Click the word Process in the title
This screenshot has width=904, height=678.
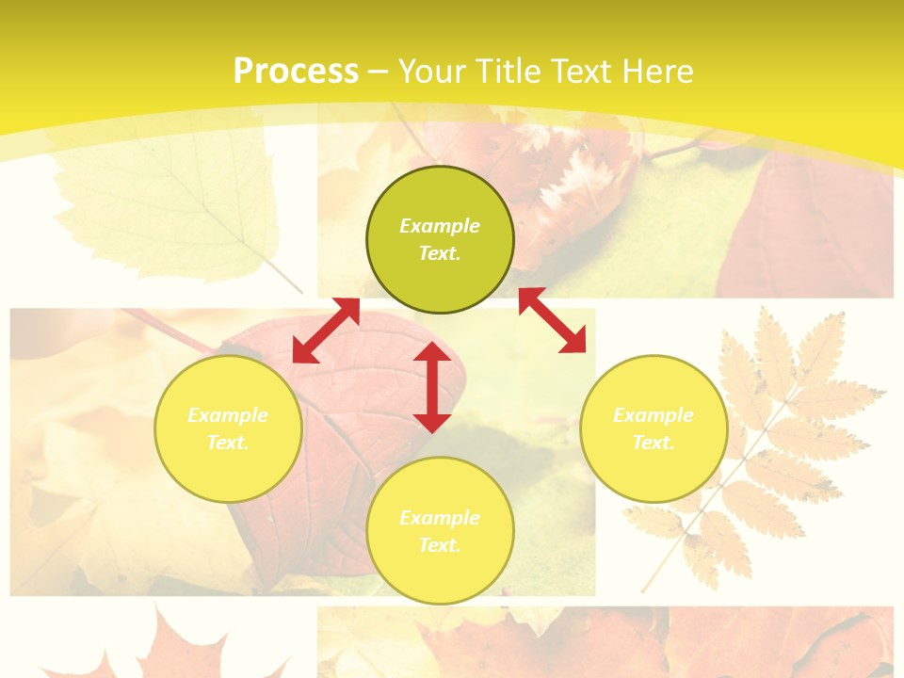(x=296, y=72)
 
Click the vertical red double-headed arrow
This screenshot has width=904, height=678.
(x=432, y=387)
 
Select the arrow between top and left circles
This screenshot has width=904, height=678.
(x=326, y=331)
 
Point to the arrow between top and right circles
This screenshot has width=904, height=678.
(x=552, y=320)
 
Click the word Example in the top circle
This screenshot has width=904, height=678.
(x=440, y=226)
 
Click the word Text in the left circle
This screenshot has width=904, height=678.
(x=227, y=443)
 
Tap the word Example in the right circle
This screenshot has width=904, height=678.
(x=654, y=415)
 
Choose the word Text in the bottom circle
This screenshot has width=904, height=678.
(x=439, y=545)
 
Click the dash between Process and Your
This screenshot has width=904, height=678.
(x=378, y=72)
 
